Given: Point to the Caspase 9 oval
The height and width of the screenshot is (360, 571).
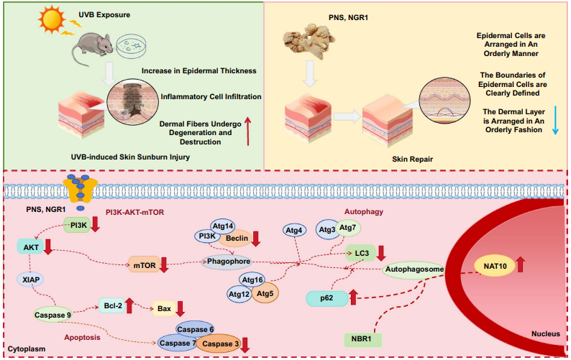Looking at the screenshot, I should pos(54,314).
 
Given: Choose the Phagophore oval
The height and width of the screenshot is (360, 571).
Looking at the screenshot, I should pos(228,262).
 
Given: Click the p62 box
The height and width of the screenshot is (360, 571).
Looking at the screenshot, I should pos(327,297).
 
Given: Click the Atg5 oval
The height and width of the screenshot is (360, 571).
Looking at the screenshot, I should pos(265,293).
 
